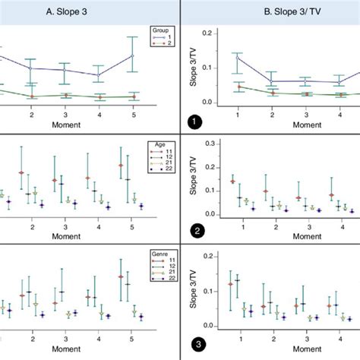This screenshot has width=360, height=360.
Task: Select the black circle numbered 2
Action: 195,232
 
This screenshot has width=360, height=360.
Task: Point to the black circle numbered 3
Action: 195,345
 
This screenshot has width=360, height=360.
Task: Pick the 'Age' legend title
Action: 163,143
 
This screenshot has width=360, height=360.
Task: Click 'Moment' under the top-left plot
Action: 81,123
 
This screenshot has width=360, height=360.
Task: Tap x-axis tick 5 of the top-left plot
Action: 132,114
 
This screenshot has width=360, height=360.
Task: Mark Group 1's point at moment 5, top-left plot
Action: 132,55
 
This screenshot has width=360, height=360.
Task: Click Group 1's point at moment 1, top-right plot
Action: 238,58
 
